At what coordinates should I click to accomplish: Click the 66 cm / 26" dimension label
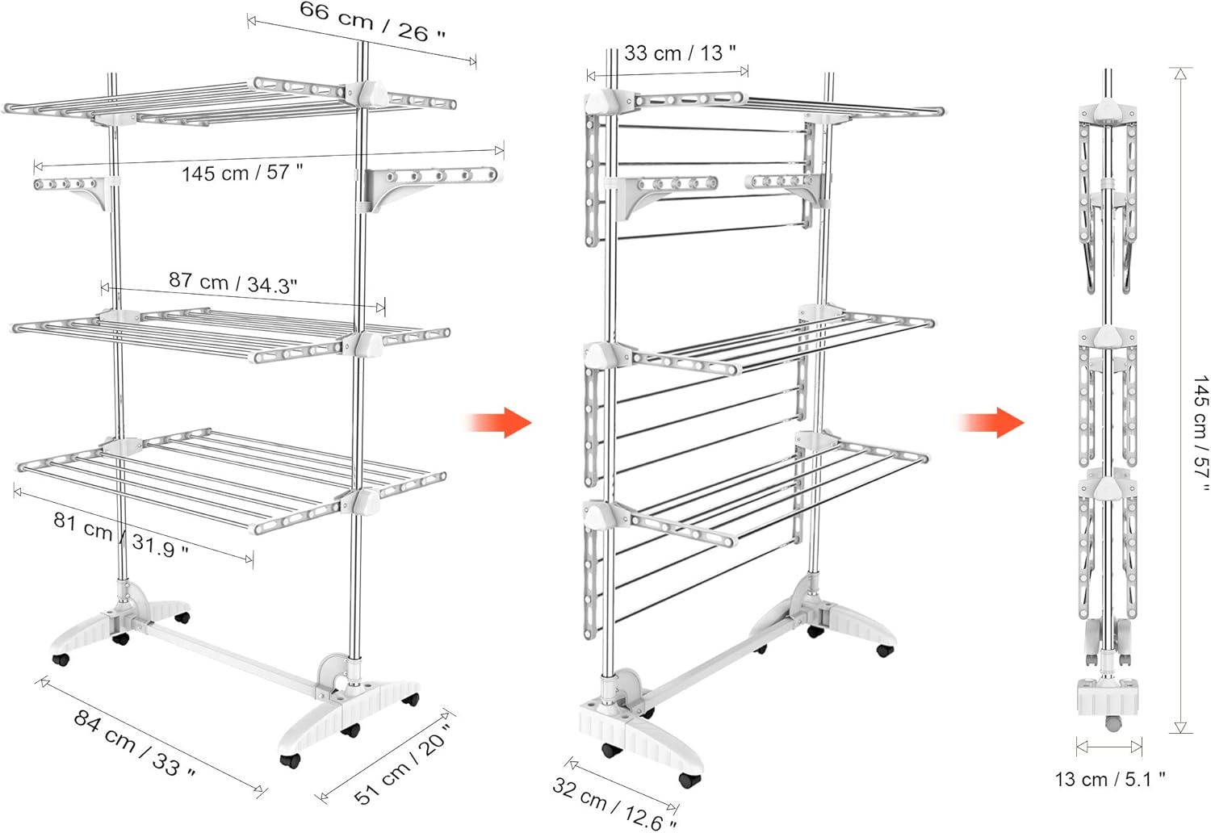(372, 21)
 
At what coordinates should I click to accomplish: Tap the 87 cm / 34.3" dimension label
(233, 282)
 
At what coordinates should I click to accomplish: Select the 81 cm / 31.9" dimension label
(120, 534)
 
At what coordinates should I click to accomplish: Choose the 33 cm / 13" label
(680, 53)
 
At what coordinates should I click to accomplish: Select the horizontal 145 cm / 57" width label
(241, 173)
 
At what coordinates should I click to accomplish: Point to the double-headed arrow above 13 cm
(1108, 747)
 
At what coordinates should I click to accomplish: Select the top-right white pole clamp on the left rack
(366, 93)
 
